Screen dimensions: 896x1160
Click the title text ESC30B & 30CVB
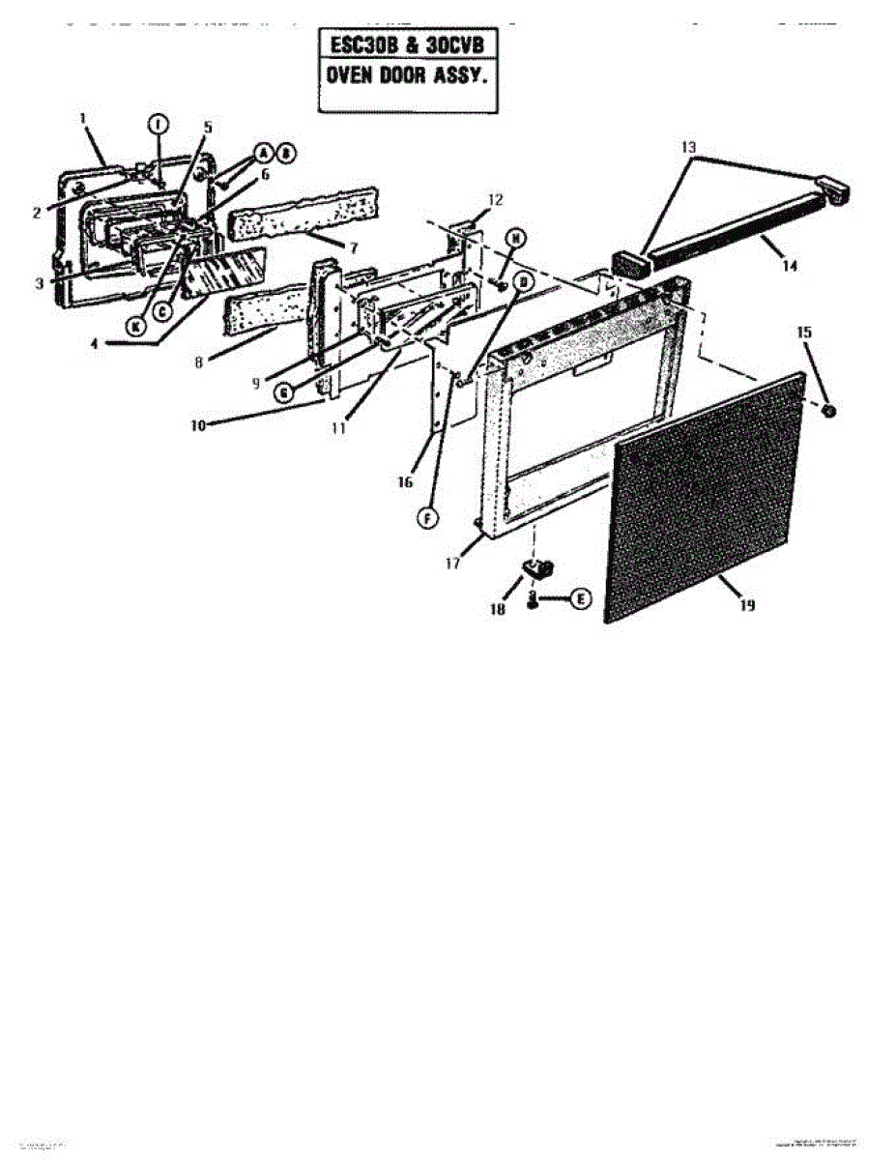coord(408,46)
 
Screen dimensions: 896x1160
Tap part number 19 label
coord(747,605)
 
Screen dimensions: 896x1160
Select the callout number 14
coord(790,266)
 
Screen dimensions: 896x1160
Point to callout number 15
coord(803,331)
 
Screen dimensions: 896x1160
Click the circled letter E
coord(580,599)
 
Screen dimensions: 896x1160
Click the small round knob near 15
coord(829,412)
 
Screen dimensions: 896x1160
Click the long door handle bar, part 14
coord(735,225)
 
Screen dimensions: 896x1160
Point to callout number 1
coord(83,118)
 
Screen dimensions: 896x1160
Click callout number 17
coord(451,565)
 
